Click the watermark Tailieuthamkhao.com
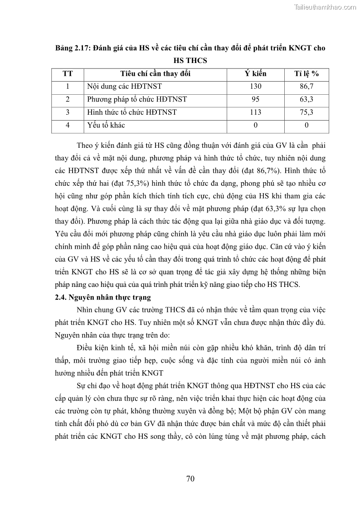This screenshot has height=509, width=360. pos(325,7)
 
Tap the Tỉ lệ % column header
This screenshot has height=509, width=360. pos(306,73)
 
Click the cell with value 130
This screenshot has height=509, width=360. pos(255,86)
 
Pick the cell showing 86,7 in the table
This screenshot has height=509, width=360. pos(306,86)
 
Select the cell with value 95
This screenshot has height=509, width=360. pos(255,99)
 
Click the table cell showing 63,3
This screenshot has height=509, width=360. pos(306,99)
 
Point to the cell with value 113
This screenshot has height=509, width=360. pos(255,112)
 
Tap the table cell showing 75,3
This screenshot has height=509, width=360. pos(306,112)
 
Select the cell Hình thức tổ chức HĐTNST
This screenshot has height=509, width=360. pos(131,112)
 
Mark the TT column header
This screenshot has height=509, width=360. pos(68,73)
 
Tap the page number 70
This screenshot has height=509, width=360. pos(190,479)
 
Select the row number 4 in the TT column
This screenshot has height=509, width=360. pos(68,125)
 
